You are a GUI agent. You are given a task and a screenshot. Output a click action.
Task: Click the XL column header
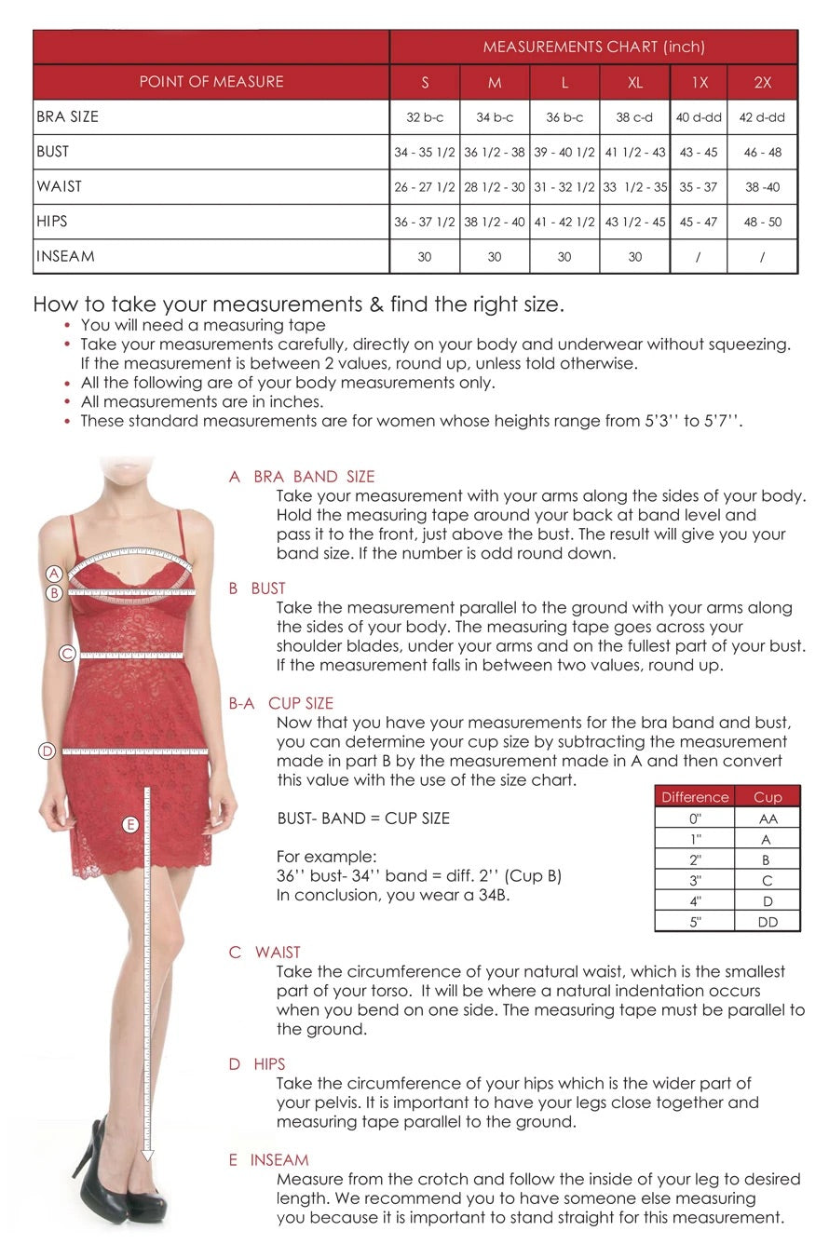point(634,82)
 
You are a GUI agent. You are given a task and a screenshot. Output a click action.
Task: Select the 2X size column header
point(762,82)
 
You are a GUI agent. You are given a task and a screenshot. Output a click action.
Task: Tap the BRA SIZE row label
point(68,116)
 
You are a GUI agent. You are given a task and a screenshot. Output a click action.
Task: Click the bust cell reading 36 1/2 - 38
point(495,152)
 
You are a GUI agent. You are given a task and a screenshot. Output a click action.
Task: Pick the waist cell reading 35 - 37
point(698,187)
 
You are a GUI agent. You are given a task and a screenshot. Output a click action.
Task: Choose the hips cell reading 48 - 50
point(762,222)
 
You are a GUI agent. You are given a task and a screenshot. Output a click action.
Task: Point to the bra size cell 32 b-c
point(425,117)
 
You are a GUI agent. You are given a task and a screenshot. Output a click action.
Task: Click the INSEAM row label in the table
point(66,256)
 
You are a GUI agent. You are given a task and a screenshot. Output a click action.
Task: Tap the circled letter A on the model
point(54,574)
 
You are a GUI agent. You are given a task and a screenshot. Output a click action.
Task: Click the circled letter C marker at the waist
point(67,654)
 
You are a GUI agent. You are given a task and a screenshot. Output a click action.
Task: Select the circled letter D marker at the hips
point(48,751)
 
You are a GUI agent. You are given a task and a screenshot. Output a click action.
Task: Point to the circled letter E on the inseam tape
point(130,824)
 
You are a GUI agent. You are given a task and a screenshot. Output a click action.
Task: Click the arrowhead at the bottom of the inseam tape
point(147,1156)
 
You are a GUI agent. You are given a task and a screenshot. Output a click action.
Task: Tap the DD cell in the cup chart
point(768,922)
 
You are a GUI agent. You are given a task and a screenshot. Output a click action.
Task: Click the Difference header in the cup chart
point(695,797)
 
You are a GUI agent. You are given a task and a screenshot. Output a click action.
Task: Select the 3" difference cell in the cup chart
point(695,881)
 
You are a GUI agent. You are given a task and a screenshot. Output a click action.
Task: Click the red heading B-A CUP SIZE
point(281,703)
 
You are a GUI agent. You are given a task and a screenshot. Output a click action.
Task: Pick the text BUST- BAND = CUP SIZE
point(363,818)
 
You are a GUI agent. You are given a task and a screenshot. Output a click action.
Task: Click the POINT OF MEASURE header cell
point(211,82)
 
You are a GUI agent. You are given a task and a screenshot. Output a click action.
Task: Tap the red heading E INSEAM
point(269,1160)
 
